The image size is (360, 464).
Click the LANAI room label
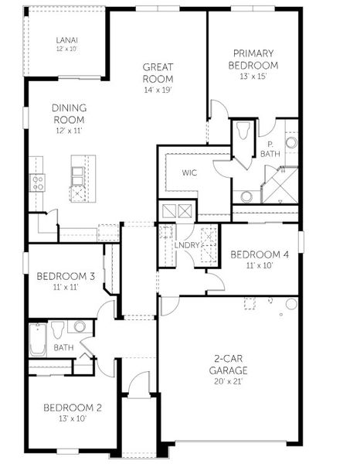click(x=66, y=39)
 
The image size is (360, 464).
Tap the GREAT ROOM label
click(x=158, y=73)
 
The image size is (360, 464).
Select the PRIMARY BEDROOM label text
click(x=253, y=60)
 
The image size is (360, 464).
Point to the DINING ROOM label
click(x=68, y=114)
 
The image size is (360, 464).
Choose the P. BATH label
click(x=270, y=148)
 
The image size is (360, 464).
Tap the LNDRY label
click(x=187, y=245)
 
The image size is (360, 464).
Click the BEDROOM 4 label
click(x=260, y=254)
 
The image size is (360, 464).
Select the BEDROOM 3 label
click(x=66, y=277)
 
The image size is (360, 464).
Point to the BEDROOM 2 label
click(x=72, y=408)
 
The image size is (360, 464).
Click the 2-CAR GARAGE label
click(x=229, y=364)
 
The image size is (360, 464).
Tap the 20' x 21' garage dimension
click(x=229, y=381)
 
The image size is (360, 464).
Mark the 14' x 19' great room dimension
click(x=158, y=90)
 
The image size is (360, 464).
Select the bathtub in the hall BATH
click(x=38, y=339)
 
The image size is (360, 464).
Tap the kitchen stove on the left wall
click(x=37, y=182)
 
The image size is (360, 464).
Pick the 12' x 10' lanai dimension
click(x=66, y=49)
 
